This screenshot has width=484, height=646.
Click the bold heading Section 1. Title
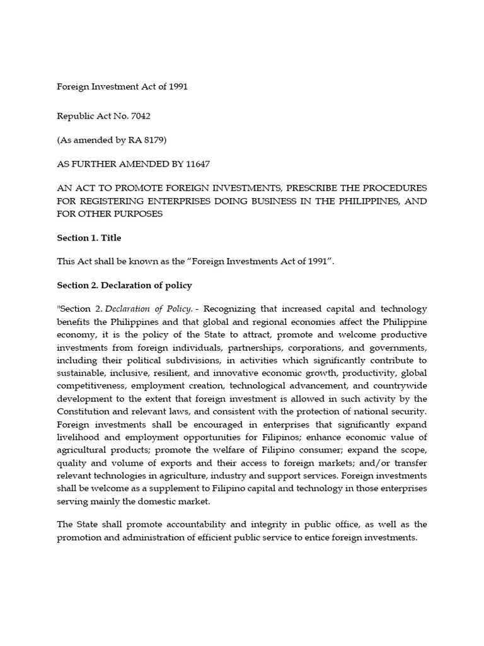tap(89, 238)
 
